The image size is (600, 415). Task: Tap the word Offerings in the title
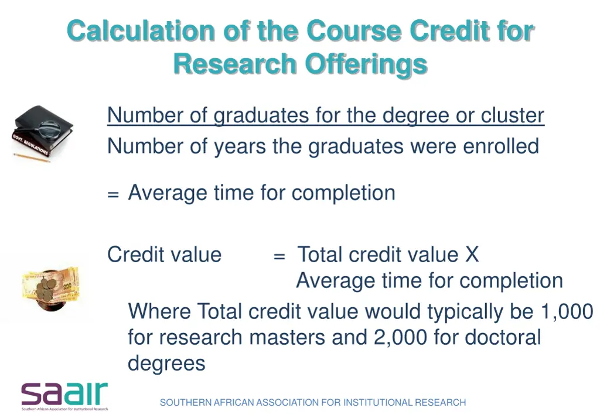point(366,64)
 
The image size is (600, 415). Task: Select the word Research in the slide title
point(234,64)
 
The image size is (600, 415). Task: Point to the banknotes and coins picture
point(50,288)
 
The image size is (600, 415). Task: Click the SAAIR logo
point(64,396)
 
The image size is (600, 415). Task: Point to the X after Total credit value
point(472,255)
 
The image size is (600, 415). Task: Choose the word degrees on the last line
point(166,364)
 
